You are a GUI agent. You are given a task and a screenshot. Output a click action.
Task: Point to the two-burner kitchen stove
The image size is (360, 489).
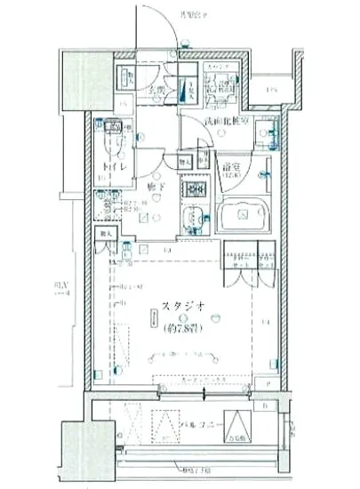[191, 188]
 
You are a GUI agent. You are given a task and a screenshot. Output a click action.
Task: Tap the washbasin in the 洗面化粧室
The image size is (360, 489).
[264, 134]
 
